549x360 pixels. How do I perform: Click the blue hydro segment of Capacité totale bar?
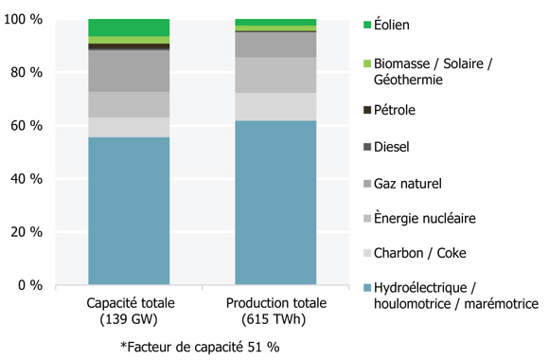(129, 210)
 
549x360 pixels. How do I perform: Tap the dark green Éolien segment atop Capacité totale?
(129, 27)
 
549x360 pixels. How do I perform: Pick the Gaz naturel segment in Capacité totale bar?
(129, 71)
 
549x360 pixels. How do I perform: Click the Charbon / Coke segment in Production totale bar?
(275, 106)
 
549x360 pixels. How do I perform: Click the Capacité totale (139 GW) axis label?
(129, 310)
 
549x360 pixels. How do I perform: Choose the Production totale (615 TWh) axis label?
(275, 310)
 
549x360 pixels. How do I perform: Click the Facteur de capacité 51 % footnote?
(200, 346)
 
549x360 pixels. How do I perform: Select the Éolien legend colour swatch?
(367, 23)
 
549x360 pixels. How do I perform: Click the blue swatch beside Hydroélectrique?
(367, 288)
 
